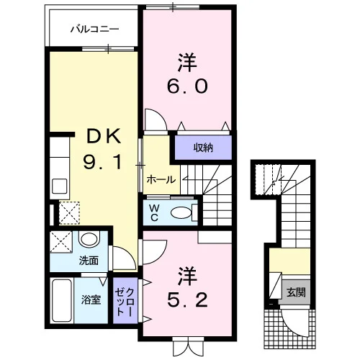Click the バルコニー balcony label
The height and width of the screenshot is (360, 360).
click(94, 30)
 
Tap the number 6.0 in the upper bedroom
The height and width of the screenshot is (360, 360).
click(187, 86)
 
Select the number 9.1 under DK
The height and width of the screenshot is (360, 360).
click(102, 162)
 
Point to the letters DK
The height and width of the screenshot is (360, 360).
click(104, 136)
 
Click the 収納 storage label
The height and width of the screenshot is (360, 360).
click(203, 148)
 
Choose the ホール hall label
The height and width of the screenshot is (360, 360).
click(161, 179)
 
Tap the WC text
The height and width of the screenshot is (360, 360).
click(154, 212)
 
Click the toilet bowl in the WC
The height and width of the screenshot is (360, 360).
click(181, 212)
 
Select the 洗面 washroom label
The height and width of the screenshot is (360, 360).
click(89, 261)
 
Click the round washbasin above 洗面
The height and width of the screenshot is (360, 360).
click(89, 239)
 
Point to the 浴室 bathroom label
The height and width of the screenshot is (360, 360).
click(91, 300)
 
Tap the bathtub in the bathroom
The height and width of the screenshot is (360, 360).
click(62, 300)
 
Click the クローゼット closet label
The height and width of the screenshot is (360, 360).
click(125, 302)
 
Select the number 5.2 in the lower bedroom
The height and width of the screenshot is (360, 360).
click(187, 300)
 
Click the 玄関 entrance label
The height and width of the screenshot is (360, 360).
click(296, 292)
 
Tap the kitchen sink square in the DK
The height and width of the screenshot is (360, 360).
click(59, 186)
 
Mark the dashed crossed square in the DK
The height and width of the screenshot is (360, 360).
click(69, 213)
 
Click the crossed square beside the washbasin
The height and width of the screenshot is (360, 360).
click(61, 242)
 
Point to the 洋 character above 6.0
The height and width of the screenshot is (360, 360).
click(187, 63)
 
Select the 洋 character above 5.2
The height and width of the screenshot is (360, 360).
click(187, 276)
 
